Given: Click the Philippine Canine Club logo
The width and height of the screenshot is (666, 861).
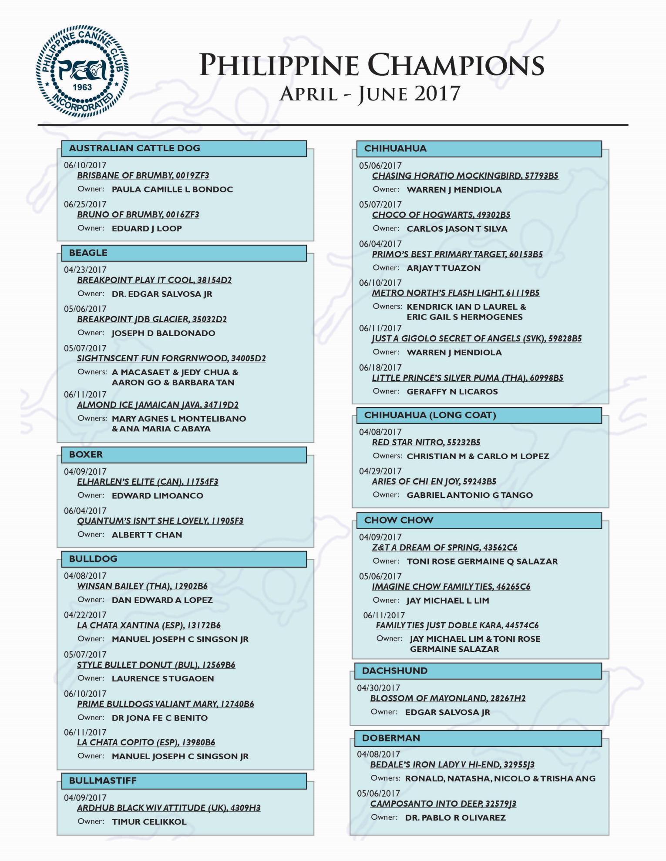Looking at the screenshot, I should pyautogui.click(x=82, y=71).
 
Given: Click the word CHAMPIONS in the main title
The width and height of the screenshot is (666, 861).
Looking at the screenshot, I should pyautogui.click(x=456, y=66).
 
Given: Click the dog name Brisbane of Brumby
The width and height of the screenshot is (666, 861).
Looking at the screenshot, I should pyautogui.click(x=143, y=176).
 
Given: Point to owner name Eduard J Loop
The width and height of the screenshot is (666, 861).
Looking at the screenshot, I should pyautogui.click(x=147, y=229).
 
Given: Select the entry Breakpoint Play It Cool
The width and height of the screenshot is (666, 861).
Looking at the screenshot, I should pyautogui.click(x=154, y=280).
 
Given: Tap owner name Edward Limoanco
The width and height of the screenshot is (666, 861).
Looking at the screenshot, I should pyautogui.click(x=157, y=496).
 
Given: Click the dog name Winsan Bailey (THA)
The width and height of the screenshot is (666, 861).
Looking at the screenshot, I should pyautogui.click(x=142, y=586).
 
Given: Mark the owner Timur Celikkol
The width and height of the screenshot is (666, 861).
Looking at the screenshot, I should pyautogui.click(x=149, y=822).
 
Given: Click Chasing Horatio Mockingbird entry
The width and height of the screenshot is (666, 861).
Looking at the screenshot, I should pyautogui.click(x=465, y=176).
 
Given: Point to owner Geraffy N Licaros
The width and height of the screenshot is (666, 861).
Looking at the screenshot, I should pyautogui.click(x=452, y=392).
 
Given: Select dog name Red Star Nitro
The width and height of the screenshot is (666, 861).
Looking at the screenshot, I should pyautogui.click(x=426, y=442).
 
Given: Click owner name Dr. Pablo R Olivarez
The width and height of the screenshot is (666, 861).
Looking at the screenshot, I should pyautogui.click(x=455, y=818).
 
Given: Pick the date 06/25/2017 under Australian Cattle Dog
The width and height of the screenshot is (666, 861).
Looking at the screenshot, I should pyautogui.click(x=85, y=204).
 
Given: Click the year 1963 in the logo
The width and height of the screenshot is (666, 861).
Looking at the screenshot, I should pyautogui.click(x=82, y=87).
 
